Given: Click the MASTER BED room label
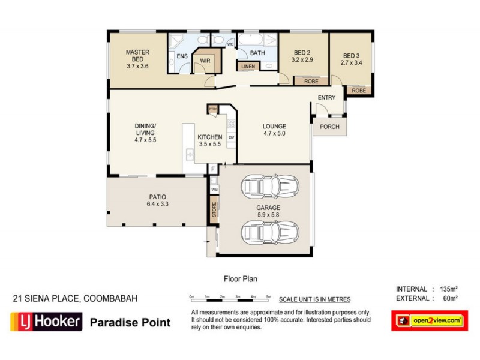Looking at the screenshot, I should pyautogui.click(x=137, y=53).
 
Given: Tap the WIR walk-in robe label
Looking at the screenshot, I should pyautogui.click(x=205, y=61).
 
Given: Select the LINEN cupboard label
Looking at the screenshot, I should pyautogui.click(x=247, y=67).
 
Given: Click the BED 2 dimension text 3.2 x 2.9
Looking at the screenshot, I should pyautogui.click(x=302, y=61).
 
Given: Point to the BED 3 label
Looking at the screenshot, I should pyautogui.click(x=351, y=53).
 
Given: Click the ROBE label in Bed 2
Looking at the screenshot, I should pyautogui.click(x=311, y=81).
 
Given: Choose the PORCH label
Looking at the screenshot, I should pyautogui.click(x=329, y=127).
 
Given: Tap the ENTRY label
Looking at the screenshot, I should pyautogui.click(x=327, y=98).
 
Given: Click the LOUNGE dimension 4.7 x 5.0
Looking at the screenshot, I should pyautogui.click(x=274, y=134).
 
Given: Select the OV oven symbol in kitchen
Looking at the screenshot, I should pyautogui.click(x=231, y=137).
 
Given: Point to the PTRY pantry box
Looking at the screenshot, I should pyautogui.click(x=212, y=109).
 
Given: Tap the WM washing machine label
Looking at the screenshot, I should pyautogui.click(x=214, y=190).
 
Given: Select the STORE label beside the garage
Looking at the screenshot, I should pyautogui.click(x=214, y=210).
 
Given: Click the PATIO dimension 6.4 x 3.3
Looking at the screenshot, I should pyautogui.click(x=158, y=204).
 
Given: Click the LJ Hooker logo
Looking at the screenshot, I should pyautogui.click(x=46, y=322).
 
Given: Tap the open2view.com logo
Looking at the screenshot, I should pyautogui.click(x=429, y=321).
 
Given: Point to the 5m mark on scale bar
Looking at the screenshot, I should pyautogui.click(x=269, y=297).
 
